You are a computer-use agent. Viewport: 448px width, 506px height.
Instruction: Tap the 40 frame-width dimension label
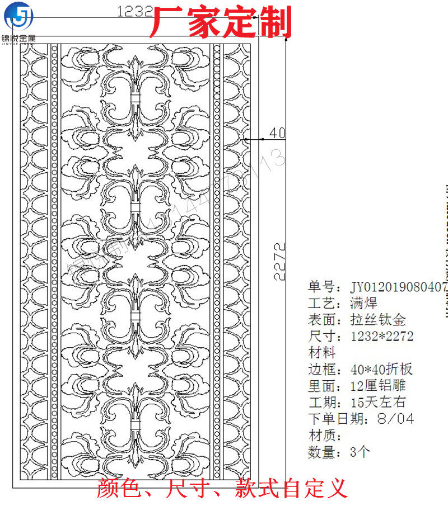(277, 133)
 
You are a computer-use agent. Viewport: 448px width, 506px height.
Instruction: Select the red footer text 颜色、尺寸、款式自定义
(222, 488)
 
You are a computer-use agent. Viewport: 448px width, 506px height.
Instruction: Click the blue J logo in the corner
(18, 17)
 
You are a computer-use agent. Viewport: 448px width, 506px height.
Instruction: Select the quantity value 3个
(360, 452)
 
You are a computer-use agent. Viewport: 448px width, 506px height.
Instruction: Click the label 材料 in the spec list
(322, 353)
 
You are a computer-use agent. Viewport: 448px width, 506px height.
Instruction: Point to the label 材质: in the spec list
(325, 435)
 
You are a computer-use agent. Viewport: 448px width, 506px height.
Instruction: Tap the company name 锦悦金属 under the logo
(18, 39)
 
